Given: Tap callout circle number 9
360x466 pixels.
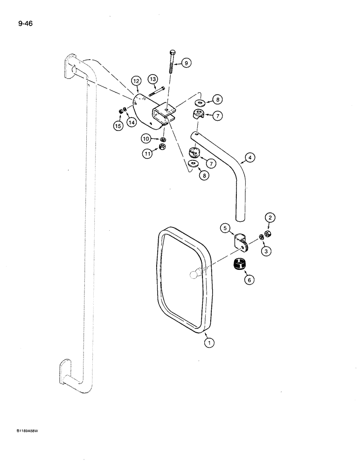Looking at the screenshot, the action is click(x=186, y=63).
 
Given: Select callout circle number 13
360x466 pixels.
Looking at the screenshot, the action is click(x=153, y=79).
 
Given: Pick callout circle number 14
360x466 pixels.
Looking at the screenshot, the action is click(x=132, y=123).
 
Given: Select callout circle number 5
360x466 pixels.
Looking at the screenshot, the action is click(x=225, y=228).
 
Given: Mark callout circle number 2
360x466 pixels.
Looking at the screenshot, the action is click(x=270, y=217).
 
